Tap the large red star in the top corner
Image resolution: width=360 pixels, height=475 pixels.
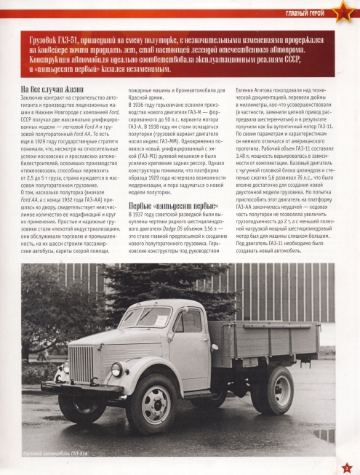coord(342,12)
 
